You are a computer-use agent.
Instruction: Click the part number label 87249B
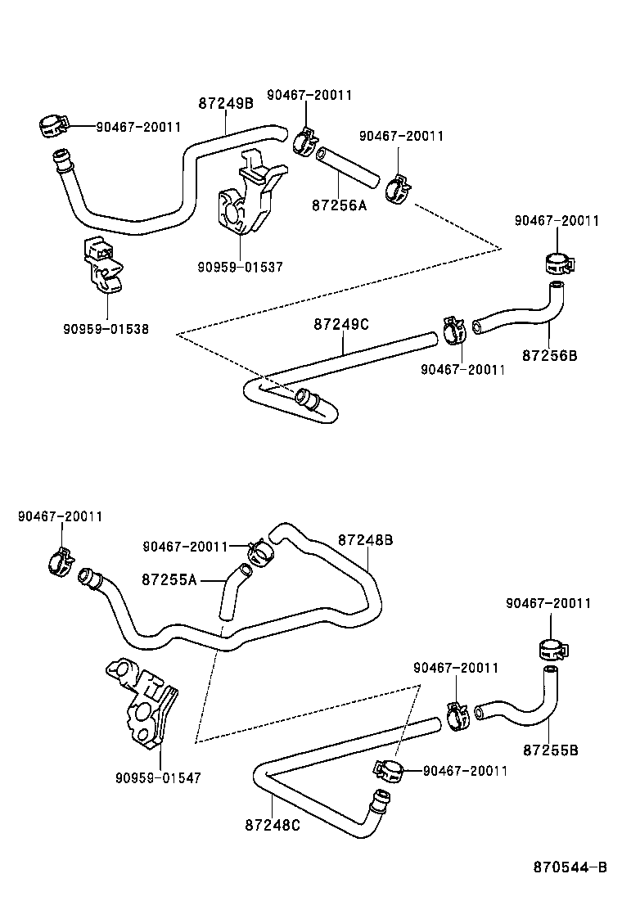click(226, 103)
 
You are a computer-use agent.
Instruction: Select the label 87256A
click(340, 205)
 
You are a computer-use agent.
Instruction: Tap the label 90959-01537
click(240, 266)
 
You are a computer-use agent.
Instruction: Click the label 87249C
click(341, 324)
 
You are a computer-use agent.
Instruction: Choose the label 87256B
click(550, 355)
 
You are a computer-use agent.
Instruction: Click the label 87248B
click(366, 540)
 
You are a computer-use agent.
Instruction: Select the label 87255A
click(169, 579)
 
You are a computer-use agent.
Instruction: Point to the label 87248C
click(272, 825)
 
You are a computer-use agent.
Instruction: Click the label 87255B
click(551, 750)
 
